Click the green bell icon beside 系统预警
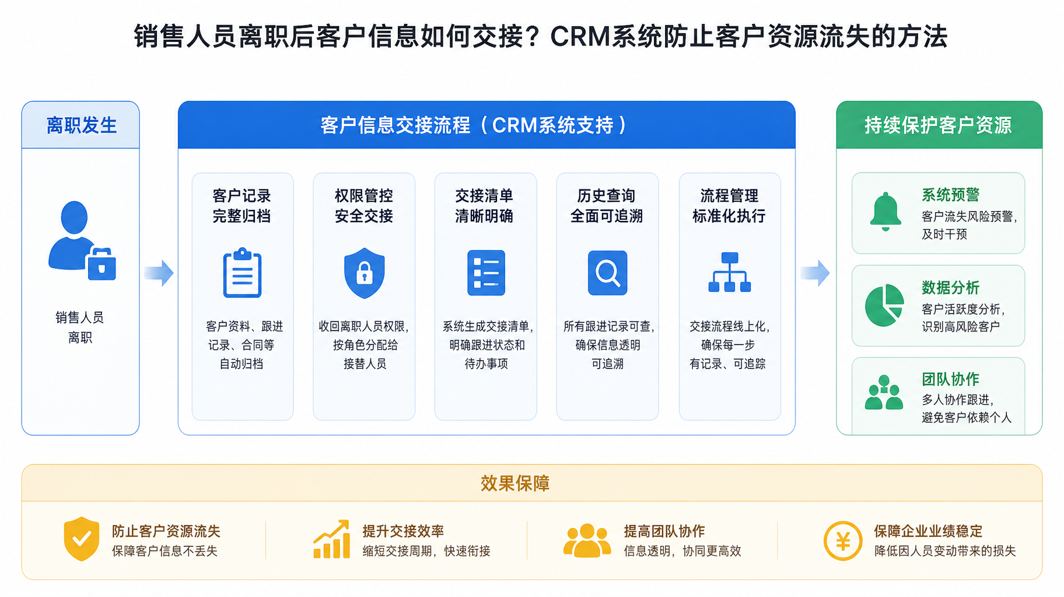pyautogui.click(x=885, y=211)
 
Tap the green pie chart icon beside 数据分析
pyautogui.click(x=884, y=305)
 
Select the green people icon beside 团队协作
pyautogui.click(x=884, y=392)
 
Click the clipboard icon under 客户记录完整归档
pyautogui.click(x=242, y=273)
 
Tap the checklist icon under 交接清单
pyautogui.click(x=486, y=273)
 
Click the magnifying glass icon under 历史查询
pyautogui.click(x=607, y=273)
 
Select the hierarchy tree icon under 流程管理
pyautogui.click(x=729, y=272)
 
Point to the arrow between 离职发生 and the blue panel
pyautogui.click(x=159, y=273)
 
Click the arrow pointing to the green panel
pyautogui.click(x=815, y=273)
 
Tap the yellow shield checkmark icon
pyautogui.click(x=82, y=539)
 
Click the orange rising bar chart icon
pyautogui.click(x=331, y=539)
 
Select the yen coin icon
pyautogui.click(x=843, y=541)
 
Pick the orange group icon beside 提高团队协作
pyautogui.click(x=587, y=540)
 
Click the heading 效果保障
pyautogui.click(x=515, y=483)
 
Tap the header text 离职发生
pyautogui.click(x=82, y=125)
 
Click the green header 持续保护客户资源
pyautogui.click(x=938, y=125)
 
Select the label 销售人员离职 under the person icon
pyautogui.click(x=80, y=328)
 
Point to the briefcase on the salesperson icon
pyautogui.click(x=102, y=264)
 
